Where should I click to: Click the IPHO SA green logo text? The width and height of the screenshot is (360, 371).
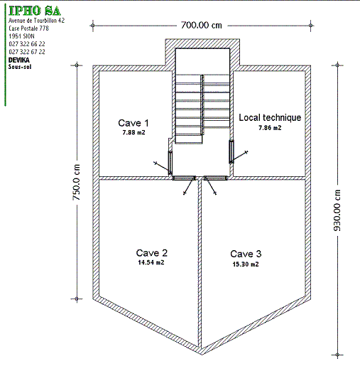pos(35,11)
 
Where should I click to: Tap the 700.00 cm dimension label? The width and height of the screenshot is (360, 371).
pos(202,25)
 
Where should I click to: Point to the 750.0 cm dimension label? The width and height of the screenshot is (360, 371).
pos(77,182)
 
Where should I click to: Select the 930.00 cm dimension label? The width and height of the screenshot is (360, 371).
pos(337,210)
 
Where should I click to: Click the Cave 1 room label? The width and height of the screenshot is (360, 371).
pos(133,123)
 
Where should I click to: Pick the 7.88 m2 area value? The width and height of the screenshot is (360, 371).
pos(133,132)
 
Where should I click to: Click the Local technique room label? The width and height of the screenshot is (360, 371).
pos(270,117)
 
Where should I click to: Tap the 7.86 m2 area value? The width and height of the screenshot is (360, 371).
pos(270,128)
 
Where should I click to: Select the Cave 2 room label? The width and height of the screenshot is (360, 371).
pos(152,253)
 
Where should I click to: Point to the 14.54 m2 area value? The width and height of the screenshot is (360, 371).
pos(151,262)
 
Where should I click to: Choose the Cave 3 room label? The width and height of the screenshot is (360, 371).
pos(246,254)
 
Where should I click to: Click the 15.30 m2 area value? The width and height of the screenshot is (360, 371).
pos(246,264)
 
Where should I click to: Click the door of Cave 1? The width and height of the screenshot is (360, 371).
pos(170,162)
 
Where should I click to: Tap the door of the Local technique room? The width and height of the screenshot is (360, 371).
pos(231,151)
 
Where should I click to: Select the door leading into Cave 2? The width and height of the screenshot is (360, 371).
pos(184,178)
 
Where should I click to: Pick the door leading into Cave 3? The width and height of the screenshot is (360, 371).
pos(216,178)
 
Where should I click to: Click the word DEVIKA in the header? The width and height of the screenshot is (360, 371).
pos(19,60)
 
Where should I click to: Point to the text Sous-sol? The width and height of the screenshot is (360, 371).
pos(20,67)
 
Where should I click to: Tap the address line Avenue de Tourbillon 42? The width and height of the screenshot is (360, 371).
pos(36,21)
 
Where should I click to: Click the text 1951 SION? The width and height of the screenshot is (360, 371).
pos(21,36)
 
